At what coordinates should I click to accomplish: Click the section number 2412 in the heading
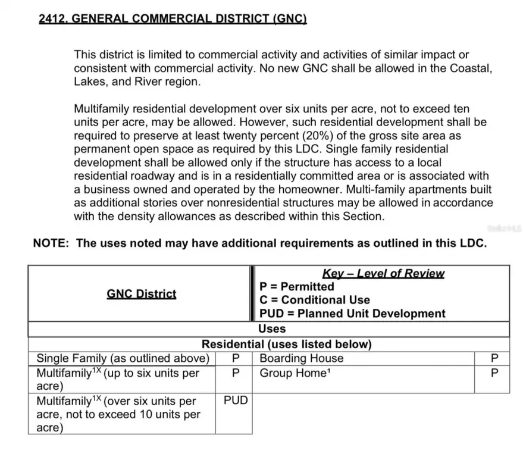52,18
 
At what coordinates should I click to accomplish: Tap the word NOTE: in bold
52,243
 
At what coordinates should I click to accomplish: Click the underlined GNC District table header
142,294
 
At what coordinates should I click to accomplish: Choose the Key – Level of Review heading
383,274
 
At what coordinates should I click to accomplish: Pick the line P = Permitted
297,287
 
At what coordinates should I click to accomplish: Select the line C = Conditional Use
315,300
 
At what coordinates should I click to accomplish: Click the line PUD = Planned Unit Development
352,314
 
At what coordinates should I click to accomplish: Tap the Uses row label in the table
272,328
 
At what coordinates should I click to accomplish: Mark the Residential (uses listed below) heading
286,344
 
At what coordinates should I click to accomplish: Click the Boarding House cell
302,358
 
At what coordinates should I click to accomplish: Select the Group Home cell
293,374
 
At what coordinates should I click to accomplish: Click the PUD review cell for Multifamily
236,400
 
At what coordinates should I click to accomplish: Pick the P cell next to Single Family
236,358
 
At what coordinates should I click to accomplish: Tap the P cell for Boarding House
491,358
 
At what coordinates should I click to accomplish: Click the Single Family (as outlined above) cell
123,358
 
